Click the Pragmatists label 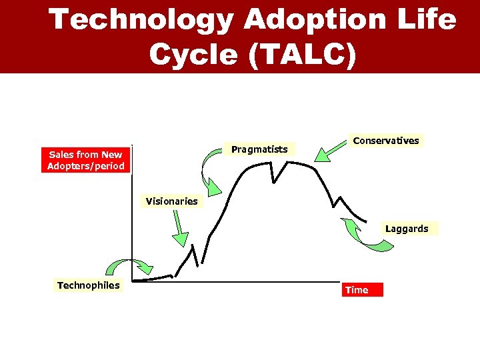tap(259, 149)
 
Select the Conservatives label tap(386, 141)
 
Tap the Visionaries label tap(172, 201)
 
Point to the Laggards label tap(406, 229)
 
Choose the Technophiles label tap(89, 285)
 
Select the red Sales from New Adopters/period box tap(86, 160)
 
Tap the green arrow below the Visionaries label tap(178, 230)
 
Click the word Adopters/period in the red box tap(86, 166)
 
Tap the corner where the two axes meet tap(133, 281)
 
